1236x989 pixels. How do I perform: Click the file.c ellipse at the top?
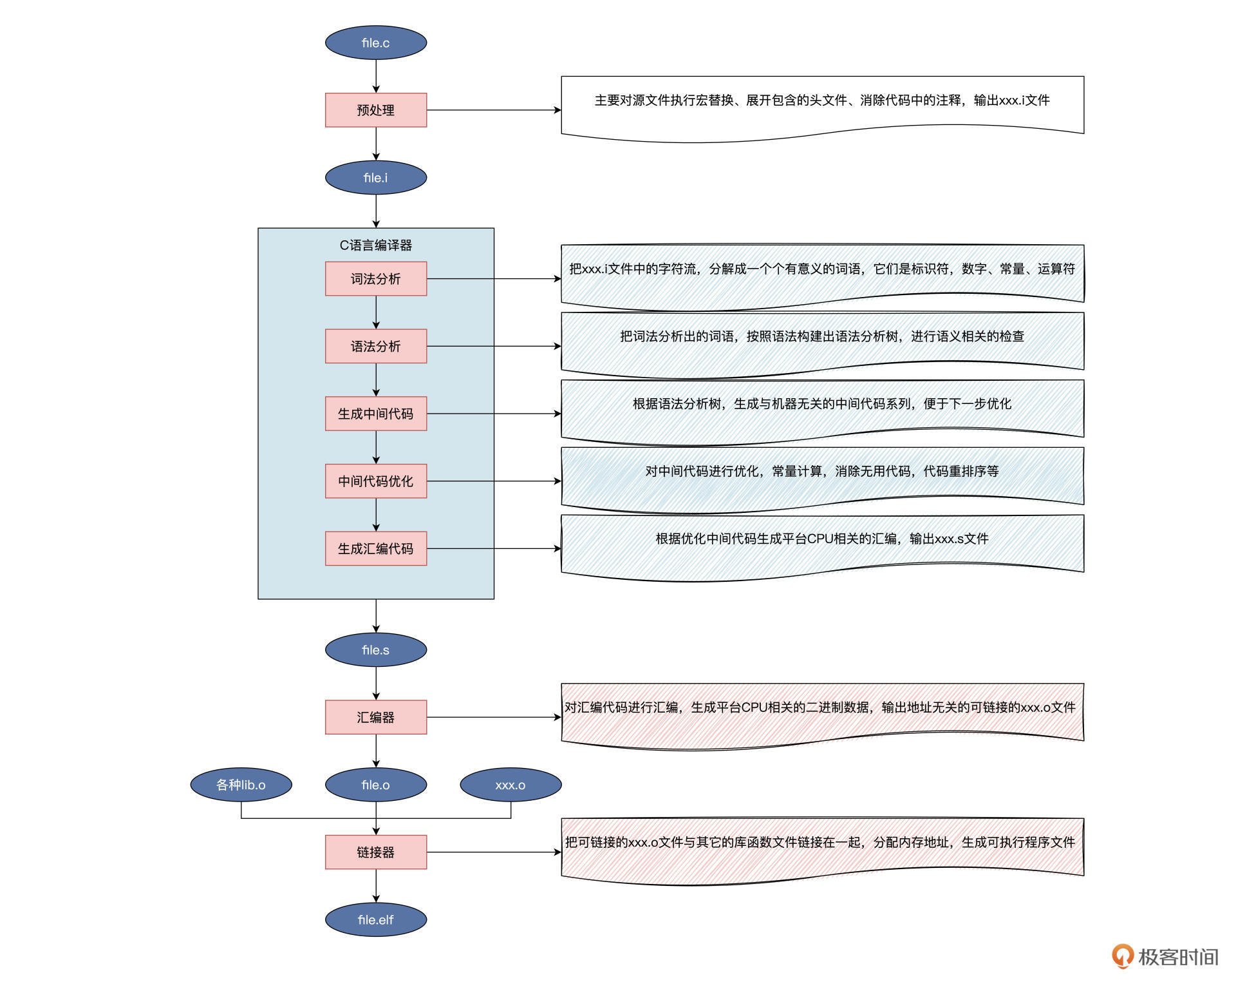376,43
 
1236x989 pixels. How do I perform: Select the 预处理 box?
376,110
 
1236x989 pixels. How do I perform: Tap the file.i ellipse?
376,178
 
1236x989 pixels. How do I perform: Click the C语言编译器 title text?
376,245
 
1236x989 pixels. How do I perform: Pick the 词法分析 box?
376,279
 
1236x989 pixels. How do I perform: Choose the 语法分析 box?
376,347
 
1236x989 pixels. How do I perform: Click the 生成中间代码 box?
376,414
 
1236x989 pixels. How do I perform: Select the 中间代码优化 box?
376,481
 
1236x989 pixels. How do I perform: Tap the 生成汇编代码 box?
376,549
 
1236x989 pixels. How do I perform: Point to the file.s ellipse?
376,650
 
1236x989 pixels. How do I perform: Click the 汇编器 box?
376,717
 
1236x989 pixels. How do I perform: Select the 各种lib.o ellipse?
241,785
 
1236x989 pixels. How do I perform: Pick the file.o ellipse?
376,785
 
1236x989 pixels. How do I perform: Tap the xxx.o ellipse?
510,785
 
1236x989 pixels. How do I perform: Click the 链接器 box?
376,852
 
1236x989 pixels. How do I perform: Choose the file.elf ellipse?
376,919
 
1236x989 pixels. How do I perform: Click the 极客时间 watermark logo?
1165,957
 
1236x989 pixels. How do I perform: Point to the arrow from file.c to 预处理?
376,76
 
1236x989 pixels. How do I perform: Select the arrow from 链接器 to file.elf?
376,886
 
